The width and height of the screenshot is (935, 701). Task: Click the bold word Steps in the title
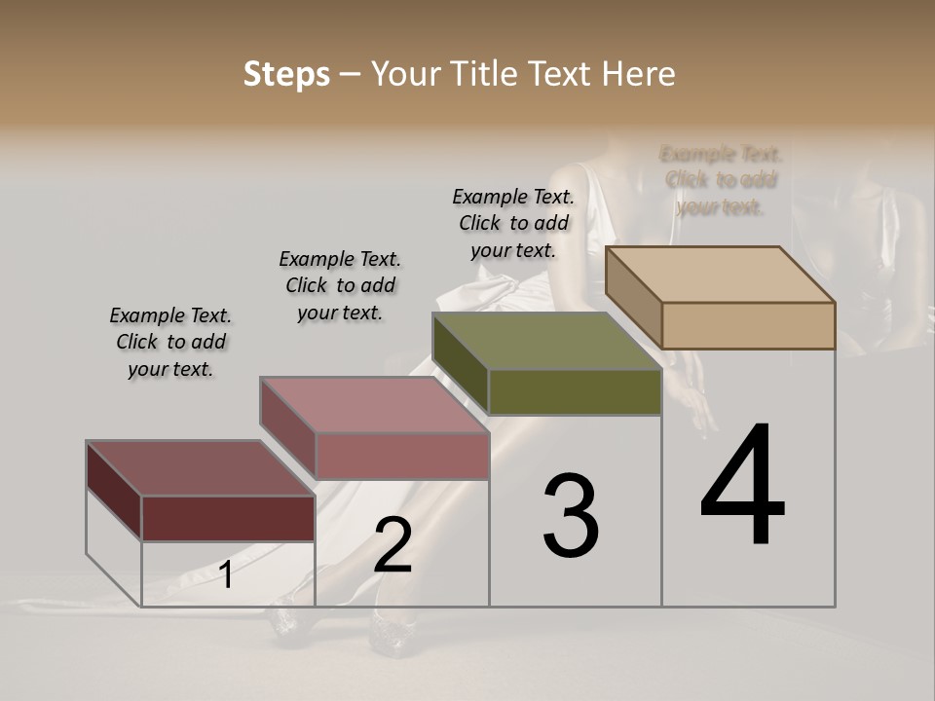point(286,74)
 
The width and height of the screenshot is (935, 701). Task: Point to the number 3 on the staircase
point(571,516)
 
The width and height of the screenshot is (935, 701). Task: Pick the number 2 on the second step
point(393,545)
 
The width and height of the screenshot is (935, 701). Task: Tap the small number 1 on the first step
point(226,574)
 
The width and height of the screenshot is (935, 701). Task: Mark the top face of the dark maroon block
point(201,468)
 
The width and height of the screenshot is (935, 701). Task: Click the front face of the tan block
point(748,325)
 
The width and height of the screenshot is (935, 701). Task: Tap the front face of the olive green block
point(575,391)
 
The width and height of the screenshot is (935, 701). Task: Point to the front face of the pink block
point(401,456)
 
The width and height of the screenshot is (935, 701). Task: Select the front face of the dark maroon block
point(228,518)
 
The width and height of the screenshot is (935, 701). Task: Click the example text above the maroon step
point(170,343)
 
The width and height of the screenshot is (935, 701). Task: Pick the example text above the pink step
point(340,285)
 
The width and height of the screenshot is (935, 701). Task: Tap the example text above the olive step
point(513,223)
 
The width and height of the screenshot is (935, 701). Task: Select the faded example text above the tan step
point(721,180)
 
